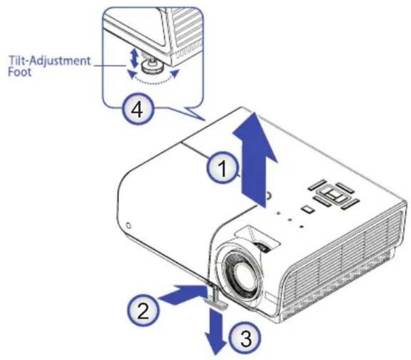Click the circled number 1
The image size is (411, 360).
point(224,168)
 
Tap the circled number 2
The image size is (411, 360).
point(143,311)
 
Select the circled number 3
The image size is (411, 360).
point(245,338)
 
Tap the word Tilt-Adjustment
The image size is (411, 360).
point(50,61)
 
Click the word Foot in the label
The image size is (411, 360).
point(20,72)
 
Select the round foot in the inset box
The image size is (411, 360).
point(151,67)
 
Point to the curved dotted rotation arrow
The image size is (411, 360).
point(152,79)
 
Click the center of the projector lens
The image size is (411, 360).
point(242,277)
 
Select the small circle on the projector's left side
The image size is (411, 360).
point(128,225)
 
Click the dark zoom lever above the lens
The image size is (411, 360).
point(263,247)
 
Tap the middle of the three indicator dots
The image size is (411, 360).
point(290,219)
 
